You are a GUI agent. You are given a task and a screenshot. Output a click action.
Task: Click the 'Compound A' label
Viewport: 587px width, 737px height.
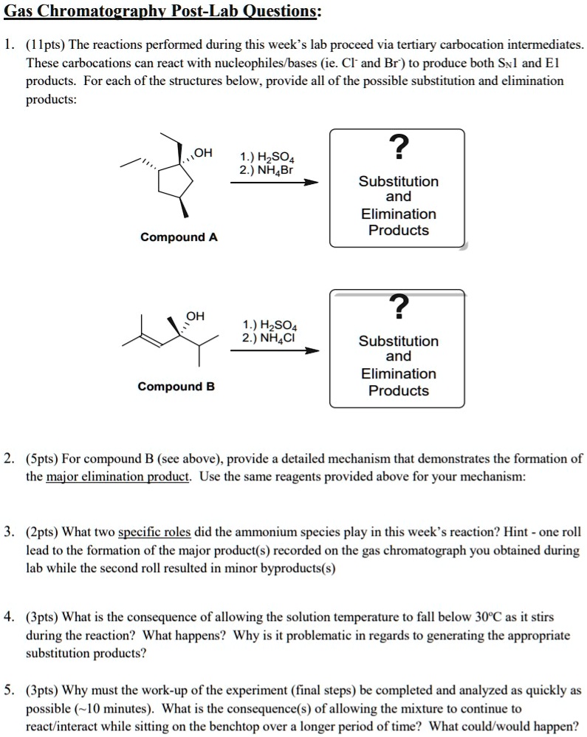[179, 237]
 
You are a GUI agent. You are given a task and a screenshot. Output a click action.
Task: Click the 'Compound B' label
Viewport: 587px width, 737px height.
[176, 387]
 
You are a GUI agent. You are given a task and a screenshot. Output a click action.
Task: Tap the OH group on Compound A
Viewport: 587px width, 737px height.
[203, 153]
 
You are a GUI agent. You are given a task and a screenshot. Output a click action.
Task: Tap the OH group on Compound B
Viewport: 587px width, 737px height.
[195, 316]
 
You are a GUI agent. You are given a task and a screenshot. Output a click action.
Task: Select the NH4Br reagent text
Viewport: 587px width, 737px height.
[266, 169]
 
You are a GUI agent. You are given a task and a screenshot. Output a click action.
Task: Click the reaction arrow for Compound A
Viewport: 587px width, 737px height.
[274, 183]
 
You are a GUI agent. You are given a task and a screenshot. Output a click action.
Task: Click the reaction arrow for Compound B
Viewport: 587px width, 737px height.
[274, 351]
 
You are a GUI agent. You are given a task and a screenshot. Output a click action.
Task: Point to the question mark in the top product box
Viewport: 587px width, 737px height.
[398, 148]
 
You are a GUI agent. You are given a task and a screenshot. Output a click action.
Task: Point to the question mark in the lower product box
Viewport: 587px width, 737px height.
[398, 305]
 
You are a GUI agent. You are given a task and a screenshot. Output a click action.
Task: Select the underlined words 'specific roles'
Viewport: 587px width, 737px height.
[154, 531]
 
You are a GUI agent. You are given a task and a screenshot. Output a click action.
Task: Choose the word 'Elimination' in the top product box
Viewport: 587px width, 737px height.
[398, 214]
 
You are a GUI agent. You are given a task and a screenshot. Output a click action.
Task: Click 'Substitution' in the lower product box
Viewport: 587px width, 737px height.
[398, 341]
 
